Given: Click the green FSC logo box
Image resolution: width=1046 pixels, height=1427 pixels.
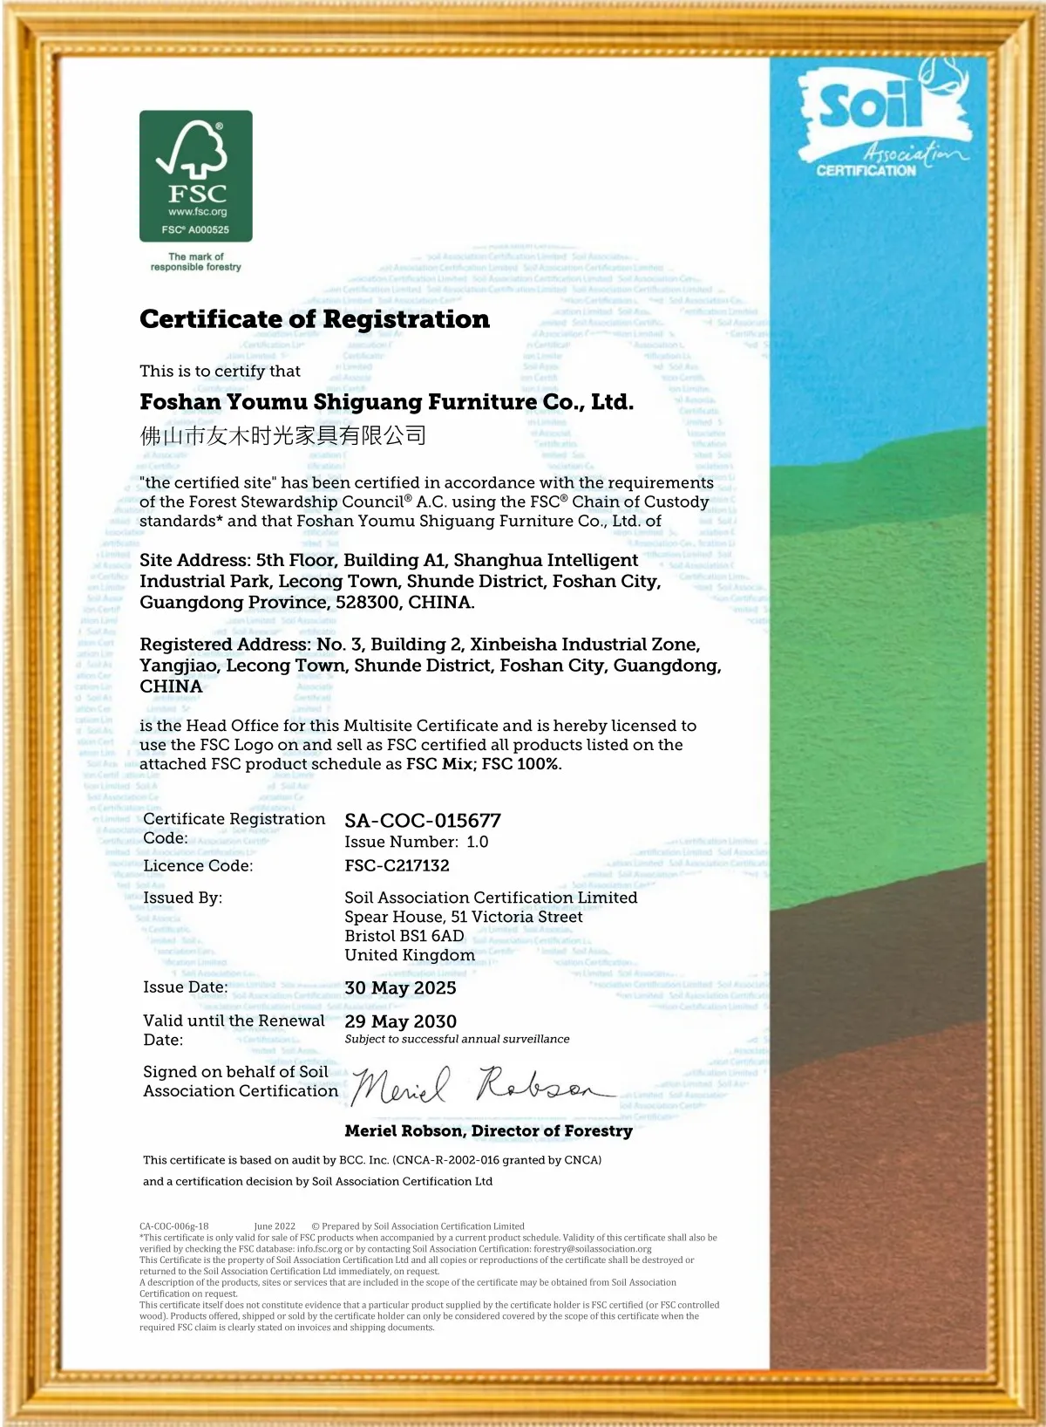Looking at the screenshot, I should (x=196, y=175).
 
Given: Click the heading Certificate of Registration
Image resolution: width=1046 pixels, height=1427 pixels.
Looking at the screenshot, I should (x=315, y=319).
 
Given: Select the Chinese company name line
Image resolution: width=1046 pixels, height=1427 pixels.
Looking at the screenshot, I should (x=283, y=435).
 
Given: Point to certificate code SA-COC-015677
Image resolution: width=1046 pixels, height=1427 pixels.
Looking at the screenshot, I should (x=423, y=821).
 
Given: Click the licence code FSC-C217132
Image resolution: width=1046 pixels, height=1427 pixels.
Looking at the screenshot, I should (x=397, y=865).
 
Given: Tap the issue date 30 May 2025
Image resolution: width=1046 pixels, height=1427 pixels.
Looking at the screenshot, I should (x=400, y=987).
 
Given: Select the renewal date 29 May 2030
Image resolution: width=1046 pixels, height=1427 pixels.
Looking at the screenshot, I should (x=400, y=1021).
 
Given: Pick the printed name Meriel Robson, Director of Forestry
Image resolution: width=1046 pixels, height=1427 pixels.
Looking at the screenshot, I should (x=488, y=1131).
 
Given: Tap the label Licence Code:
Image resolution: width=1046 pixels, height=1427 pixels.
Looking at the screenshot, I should (x=198, y=865).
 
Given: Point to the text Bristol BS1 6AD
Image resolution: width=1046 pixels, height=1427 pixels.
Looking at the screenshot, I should (x=404, y=936).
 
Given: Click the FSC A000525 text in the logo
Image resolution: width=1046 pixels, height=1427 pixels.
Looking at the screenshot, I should (x=195, y=230).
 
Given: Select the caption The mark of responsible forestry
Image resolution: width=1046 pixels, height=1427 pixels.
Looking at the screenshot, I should (x=195, y=262).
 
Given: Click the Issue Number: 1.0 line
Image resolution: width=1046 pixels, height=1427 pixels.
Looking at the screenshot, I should (x=416, y=842).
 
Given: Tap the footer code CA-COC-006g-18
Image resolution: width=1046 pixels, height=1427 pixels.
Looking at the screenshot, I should (x=173, y=1226).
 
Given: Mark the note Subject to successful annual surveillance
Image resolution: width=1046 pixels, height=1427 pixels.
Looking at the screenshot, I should (x=457, y=1039).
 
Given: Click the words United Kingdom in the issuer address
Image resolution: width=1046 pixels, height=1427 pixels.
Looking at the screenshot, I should (x=410, y=955).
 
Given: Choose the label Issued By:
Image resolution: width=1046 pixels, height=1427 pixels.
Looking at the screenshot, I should (x=182, y=898).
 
